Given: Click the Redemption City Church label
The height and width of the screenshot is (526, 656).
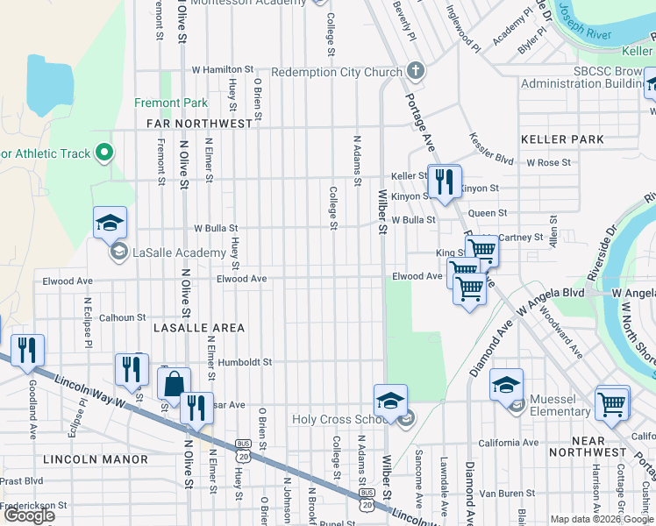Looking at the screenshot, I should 336,72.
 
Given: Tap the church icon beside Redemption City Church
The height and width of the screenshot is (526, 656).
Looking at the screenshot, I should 416,71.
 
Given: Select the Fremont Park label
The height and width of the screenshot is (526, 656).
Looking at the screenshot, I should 171,103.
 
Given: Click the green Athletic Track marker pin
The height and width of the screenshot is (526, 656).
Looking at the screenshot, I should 104,153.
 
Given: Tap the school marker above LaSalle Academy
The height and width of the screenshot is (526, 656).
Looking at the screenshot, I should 111,223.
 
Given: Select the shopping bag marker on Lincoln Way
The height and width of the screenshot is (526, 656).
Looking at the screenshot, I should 174,383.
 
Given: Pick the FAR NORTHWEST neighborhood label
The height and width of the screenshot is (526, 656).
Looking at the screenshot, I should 194,124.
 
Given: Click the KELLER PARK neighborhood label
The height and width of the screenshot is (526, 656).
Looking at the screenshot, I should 562,139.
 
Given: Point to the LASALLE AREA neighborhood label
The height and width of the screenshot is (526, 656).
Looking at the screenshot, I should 198,327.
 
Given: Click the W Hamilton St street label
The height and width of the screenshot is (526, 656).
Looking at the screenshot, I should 222,68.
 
